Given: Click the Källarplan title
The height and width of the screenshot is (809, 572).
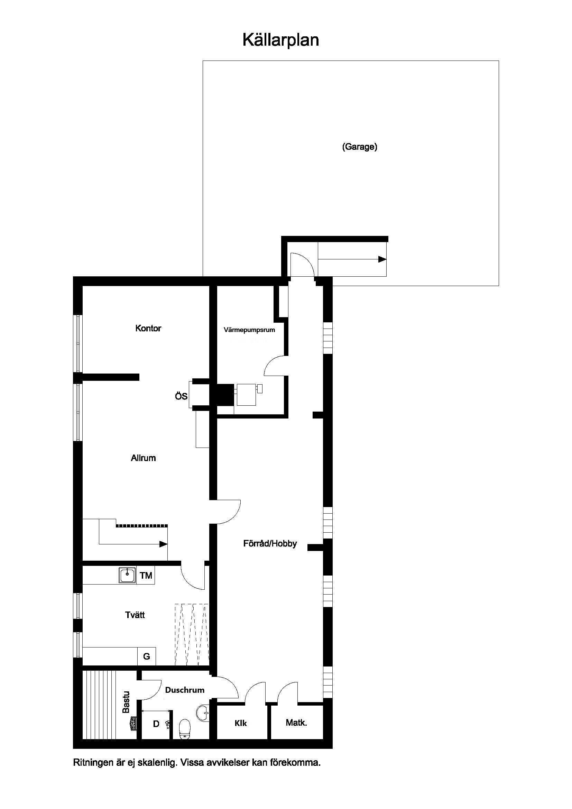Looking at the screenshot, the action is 281,40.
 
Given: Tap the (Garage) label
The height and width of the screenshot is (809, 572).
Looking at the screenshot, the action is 360,147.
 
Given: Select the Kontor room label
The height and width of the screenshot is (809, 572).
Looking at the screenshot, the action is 148,328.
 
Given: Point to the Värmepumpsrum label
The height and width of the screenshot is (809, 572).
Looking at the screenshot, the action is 249,330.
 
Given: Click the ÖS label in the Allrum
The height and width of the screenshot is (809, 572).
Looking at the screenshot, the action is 181,396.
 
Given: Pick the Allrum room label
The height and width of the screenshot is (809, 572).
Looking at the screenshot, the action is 144,458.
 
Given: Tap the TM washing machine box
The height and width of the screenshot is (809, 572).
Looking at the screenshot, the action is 146,576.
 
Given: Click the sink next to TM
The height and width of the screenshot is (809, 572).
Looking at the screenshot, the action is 127,576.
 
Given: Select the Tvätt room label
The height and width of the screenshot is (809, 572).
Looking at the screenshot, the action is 135,615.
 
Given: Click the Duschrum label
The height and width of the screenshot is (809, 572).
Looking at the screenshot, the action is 185,690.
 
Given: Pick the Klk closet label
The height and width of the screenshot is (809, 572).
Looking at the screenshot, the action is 241,723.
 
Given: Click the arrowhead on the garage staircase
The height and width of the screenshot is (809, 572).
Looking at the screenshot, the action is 382,259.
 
